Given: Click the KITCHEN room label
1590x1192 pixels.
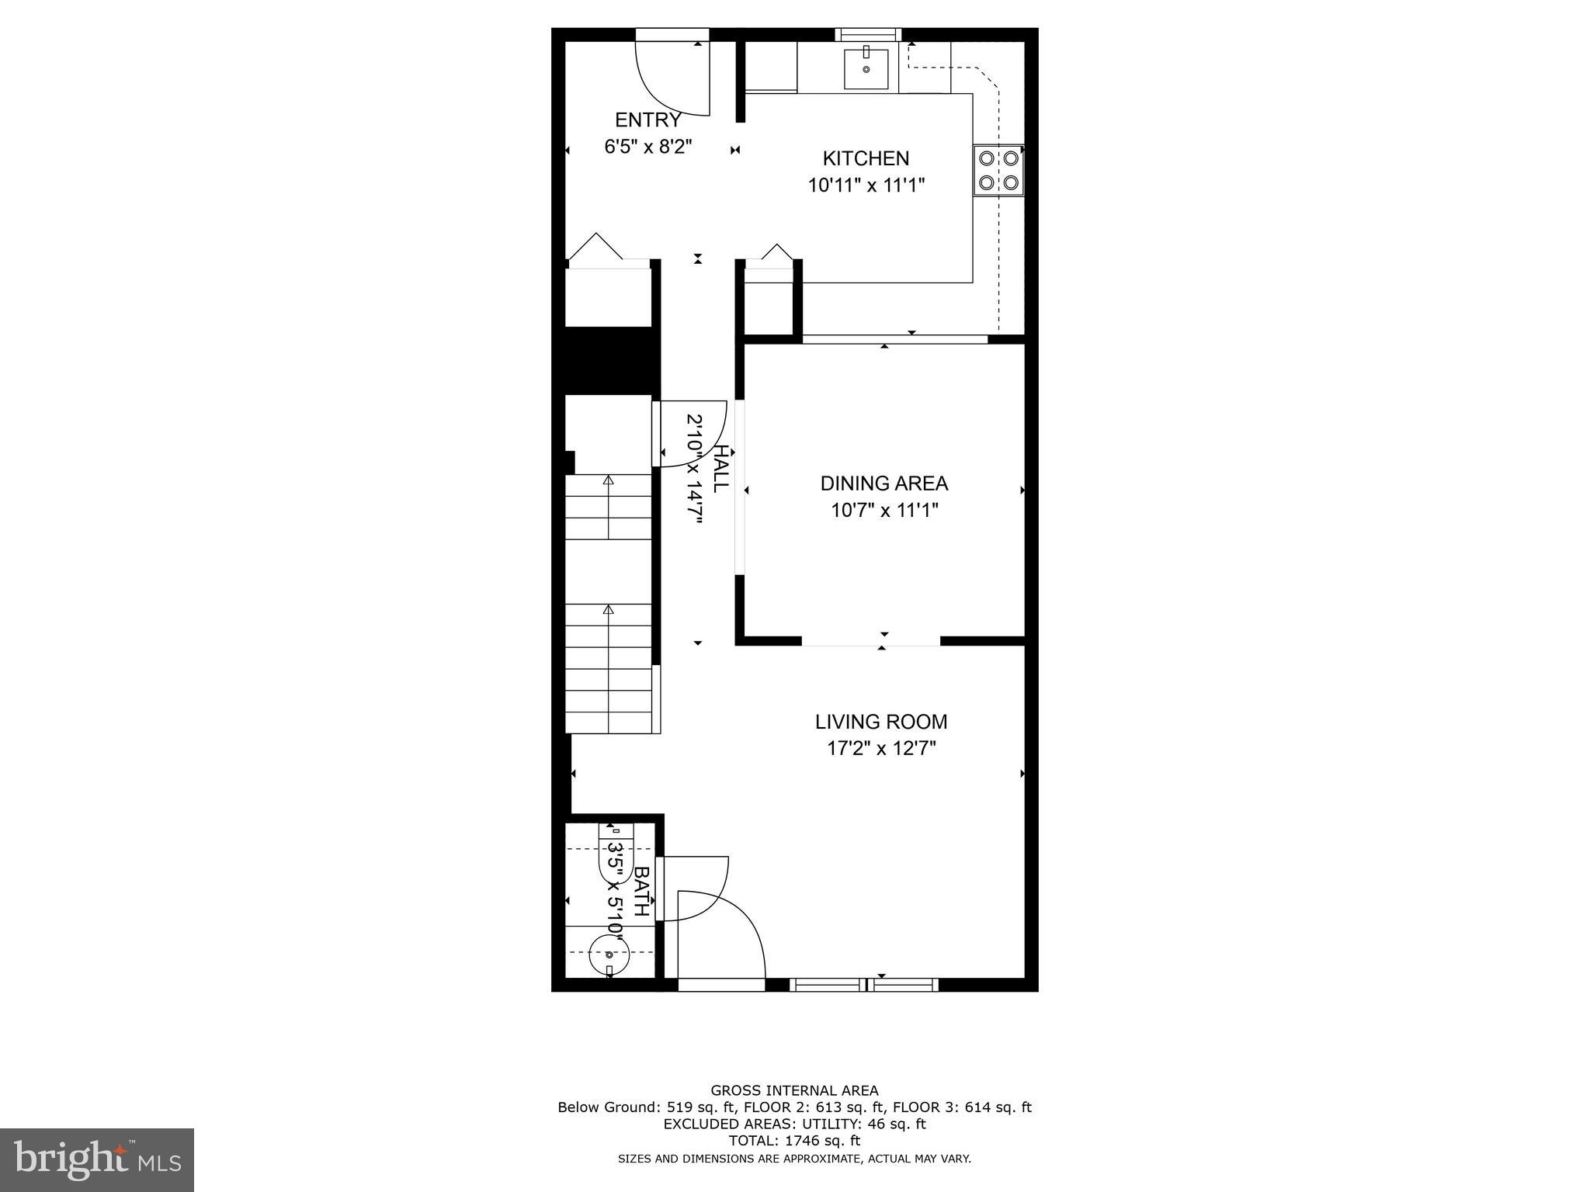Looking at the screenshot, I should (866, 158).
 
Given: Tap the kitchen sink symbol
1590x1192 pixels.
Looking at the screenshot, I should (866, 68).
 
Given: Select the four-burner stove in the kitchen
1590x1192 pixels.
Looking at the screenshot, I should (998, 171).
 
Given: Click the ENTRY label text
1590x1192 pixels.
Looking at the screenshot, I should (647, 120).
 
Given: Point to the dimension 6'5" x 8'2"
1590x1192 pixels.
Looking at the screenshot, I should (647, 147).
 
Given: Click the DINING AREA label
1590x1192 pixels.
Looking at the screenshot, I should (884, 483).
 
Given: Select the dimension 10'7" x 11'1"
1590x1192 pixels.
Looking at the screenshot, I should (884, 511).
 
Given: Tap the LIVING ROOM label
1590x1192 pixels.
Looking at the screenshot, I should (880, 722).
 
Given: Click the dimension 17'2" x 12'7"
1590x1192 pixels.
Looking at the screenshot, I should (880, 749).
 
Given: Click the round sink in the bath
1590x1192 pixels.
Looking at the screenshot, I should (609, 956).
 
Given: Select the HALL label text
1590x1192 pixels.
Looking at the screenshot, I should (720, 468).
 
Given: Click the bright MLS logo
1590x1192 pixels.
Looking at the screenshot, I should (97, 1159).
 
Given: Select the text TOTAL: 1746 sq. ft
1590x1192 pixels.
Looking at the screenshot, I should (794, 1141).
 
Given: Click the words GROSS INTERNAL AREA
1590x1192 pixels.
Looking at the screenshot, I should (794, 1090).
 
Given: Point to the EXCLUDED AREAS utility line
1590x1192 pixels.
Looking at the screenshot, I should (794, 1124).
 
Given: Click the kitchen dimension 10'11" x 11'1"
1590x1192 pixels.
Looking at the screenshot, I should (866, 185).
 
